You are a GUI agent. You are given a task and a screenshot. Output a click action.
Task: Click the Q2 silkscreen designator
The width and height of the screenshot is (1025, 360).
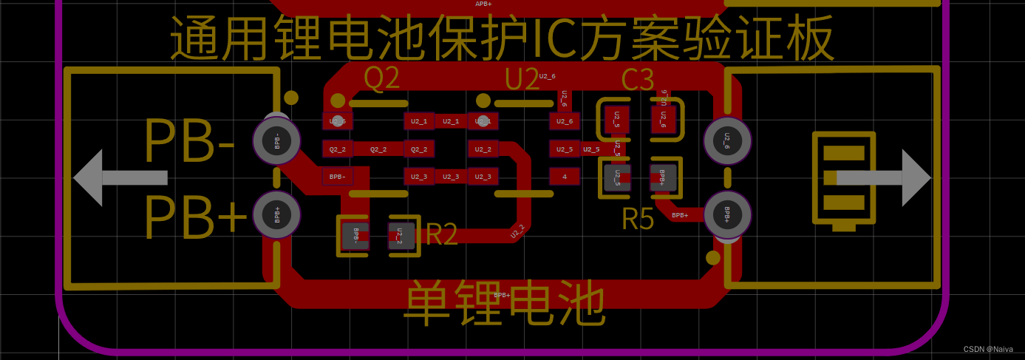pyautogui.click(x=381, y=78)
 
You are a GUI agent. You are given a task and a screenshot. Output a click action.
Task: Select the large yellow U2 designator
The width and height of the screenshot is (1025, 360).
pyautogui.click(x=522, y=78)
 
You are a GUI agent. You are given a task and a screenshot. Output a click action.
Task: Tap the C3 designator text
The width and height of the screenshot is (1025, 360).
pyautogui.click(x=637, y=80)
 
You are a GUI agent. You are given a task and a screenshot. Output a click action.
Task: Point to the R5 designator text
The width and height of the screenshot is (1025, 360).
pyautogui.click(x=638, y=219)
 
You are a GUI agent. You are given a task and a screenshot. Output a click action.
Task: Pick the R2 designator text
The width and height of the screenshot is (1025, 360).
pyautogui.click(x=442, y=234)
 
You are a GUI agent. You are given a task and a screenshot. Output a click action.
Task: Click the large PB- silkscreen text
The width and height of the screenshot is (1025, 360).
pyautogui.click(x=189, y=141)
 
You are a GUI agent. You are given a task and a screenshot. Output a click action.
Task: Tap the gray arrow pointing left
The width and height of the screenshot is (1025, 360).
pyautogui.click(x=120, y=177)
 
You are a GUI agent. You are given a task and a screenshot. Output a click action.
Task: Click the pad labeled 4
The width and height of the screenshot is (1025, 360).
pyautogui.click(x=565, y=177)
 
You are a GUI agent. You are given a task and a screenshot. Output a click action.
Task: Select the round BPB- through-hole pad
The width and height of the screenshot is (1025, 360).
pyautogui.click(x=277, y=140)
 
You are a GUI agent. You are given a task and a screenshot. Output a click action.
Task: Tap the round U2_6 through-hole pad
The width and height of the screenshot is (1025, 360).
pyautogui.click(x=727, y=140)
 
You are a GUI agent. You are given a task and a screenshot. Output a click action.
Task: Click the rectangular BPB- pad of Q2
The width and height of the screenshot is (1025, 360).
pyautogui.click(x=337, y=177)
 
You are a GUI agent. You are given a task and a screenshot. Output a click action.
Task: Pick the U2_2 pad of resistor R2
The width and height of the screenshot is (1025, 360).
pyautogui.click(x=400, y=236)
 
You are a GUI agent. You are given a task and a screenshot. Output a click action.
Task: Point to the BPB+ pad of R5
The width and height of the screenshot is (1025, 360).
pyautogui.click(x=662, y=177)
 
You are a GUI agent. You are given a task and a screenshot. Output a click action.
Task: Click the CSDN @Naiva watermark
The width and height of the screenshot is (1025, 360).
pyautogui.click(x=988, y=349)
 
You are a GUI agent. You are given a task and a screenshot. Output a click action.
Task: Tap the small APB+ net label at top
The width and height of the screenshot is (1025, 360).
pyautogui.click(x=483, y=4)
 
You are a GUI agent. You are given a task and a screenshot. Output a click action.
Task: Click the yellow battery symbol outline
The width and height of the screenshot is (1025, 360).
pyautogui.click(x=843, y=180)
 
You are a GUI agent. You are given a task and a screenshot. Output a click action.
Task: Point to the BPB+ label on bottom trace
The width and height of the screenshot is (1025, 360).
pyautogui.click(x=502, y=295)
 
